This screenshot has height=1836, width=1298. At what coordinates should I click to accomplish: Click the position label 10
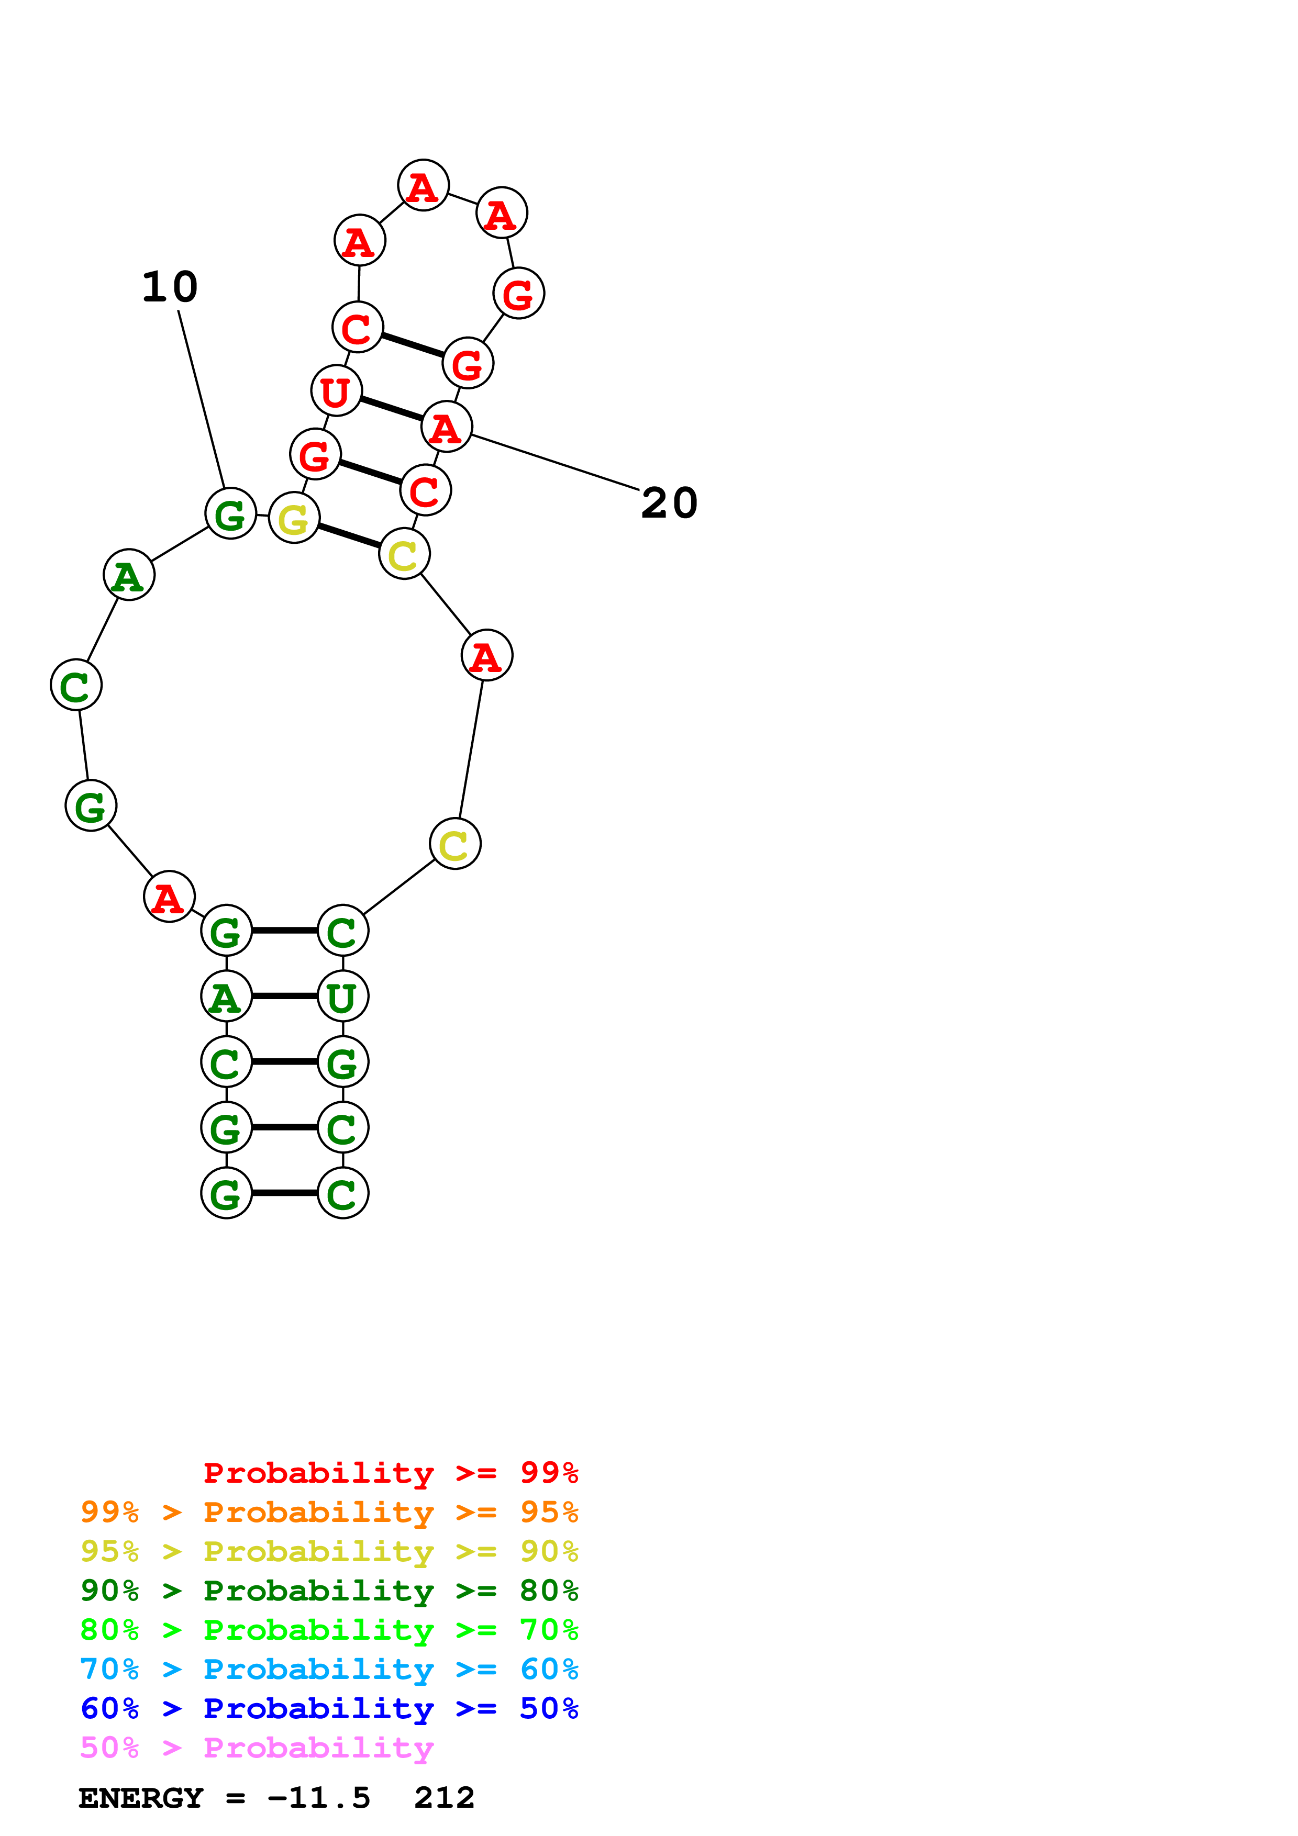pos(170,287)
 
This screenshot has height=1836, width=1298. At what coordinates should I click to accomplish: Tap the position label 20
pos(669,503)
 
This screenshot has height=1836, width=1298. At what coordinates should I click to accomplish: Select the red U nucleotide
pos(336,391)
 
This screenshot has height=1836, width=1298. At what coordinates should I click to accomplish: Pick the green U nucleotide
pos(342,997)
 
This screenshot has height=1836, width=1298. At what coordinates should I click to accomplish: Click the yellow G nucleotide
pos(294,518)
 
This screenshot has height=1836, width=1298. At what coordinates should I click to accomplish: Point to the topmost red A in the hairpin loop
pos(423,185)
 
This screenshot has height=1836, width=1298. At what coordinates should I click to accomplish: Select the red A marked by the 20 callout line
pos(446,427)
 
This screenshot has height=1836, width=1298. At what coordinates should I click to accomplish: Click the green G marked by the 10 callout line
pos(230,514)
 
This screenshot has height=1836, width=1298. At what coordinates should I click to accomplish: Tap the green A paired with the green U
pos(226,997)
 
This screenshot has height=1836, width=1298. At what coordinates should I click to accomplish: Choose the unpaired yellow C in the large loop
pos(454,844)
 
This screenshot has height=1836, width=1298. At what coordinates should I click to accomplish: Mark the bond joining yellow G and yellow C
pos(349,536)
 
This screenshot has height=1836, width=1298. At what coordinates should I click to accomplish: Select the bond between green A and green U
pos(284,997)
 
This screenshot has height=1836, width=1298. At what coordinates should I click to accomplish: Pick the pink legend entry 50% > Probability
pos(256,1747)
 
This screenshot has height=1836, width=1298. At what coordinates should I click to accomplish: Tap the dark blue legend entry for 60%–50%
pos(329,1708)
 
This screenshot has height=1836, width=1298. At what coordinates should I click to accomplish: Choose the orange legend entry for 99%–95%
pos(329,1512)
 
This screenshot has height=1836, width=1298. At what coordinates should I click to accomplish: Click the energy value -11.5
pos(319,1798)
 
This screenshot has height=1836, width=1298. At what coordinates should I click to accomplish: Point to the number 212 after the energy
pos(445,1798)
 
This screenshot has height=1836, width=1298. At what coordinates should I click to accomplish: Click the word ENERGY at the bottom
pos(141,1798)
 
